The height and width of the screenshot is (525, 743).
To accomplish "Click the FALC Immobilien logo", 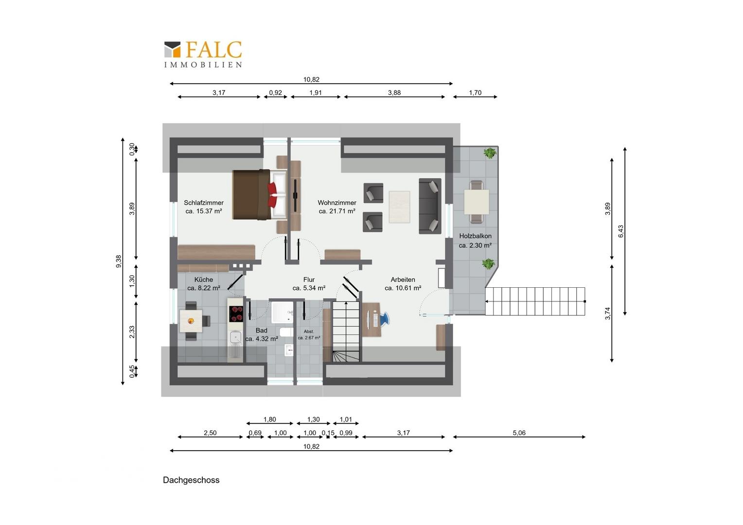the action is (x=203, y=54).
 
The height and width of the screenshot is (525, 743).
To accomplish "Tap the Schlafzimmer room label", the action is (x=204, y=203).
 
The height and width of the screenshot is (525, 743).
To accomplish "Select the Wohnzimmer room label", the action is (x=337, y=203).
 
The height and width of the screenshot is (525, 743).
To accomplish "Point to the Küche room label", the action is (x=204, y=280).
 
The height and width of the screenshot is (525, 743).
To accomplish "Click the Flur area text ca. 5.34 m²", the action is (x=309, y=288).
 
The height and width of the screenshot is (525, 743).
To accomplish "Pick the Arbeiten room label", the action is (x=403, y=280).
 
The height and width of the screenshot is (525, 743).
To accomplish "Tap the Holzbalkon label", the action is (x=476, y=236).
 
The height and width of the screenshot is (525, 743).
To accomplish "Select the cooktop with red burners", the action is (x=236, y=314).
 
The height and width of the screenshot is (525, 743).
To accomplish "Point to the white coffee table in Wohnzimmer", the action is (x=399, y=207).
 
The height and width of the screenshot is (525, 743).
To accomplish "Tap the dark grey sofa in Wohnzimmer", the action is (x=430, y=206).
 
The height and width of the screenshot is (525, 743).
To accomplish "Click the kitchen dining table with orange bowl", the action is (x=191, y=321).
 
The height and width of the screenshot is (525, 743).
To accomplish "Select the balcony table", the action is (x=477, y=202).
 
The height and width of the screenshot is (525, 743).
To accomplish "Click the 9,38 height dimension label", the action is (x=119, y=262).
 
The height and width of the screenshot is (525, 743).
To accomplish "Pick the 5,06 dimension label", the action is (x=519, y=433).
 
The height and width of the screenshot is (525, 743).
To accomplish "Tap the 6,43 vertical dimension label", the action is (x=621, y=231).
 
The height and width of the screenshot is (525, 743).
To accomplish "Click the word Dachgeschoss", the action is (x=191, y=480).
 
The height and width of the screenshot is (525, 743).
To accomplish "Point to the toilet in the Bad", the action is (x=286, y=332).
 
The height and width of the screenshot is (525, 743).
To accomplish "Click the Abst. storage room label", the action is (x=309, y=332).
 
